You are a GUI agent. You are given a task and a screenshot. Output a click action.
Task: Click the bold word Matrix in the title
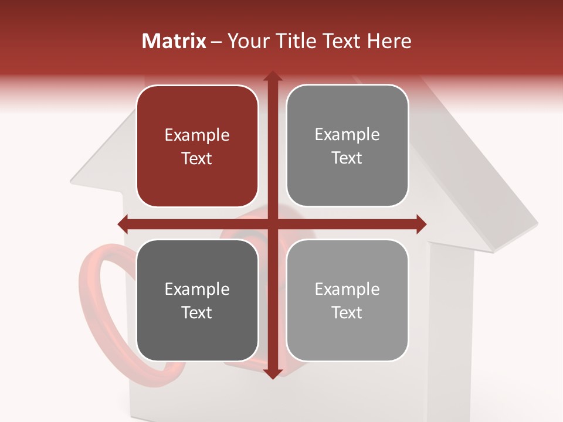point(174,41)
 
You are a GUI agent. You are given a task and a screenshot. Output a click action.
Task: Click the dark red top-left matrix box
point(197,146)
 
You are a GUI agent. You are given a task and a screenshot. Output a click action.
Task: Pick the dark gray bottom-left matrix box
point(197,300)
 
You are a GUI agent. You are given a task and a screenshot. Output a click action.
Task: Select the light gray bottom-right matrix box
point(347,300)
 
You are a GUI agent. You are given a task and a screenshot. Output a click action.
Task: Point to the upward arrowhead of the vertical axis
point(272,76)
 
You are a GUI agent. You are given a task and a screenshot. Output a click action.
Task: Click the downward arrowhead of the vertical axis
point(272,374)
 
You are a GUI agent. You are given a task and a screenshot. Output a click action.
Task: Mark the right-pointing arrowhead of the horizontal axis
point(421,224)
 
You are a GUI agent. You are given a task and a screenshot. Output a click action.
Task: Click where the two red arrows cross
point(272,224)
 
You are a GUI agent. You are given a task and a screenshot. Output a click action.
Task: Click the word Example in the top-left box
point(197,135)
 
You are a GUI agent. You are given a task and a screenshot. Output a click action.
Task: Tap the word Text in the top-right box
point(347,158)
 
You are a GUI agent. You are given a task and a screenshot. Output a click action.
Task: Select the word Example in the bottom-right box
point(347,289)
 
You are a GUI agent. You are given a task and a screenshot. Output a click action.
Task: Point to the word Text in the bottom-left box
point(197,312)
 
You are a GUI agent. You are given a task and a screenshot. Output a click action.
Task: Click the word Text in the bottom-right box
point(347,312)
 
